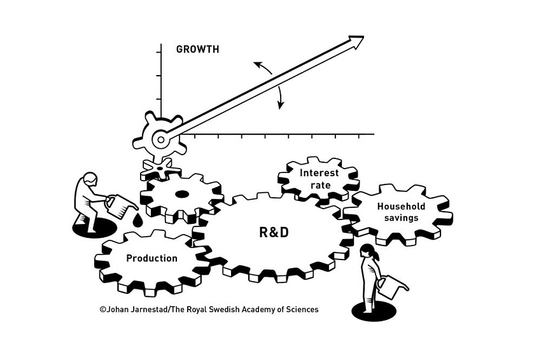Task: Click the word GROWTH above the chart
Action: coord(197,50)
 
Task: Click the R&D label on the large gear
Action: coord(274,233)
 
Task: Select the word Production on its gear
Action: coord(151,258)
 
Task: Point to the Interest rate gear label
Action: coord(320,179)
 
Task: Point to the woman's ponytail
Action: coord(376,256)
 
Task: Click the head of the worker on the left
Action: coord(91,179)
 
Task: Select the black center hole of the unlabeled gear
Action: coord(181,195)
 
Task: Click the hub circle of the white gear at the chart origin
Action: coord(161,139)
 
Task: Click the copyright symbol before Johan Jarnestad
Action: coord(102,310)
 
